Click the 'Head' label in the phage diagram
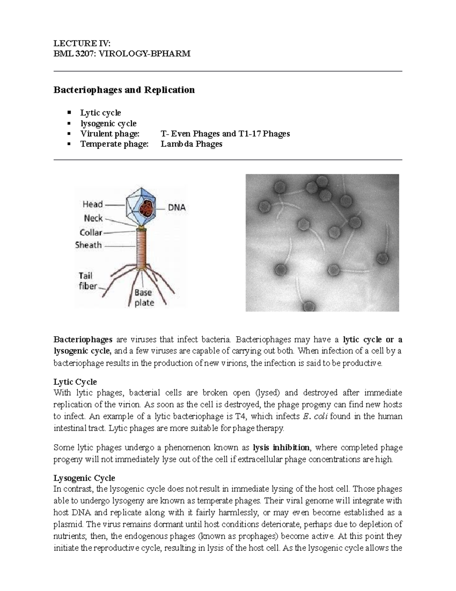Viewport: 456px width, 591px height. [93, 204]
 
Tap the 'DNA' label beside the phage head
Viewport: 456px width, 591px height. [177, 208]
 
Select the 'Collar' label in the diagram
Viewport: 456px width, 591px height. [91, 233]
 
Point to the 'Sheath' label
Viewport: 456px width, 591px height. [88, 245]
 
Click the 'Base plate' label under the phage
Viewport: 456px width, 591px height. [144, 298]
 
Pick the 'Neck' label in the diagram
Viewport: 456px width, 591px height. [93, 218]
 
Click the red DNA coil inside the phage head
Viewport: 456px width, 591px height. [146, 209]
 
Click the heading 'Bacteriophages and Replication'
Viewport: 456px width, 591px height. [124, 90]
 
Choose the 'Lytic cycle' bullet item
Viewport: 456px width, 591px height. [100, 113]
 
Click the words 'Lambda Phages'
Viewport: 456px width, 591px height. [191, 144]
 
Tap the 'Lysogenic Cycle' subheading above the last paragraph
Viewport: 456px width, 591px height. [84, 478]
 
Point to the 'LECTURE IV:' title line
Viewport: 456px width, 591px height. [82, 43]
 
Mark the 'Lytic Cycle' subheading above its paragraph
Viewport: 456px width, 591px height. [75, 382]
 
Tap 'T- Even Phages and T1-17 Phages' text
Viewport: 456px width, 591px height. [225, 134]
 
